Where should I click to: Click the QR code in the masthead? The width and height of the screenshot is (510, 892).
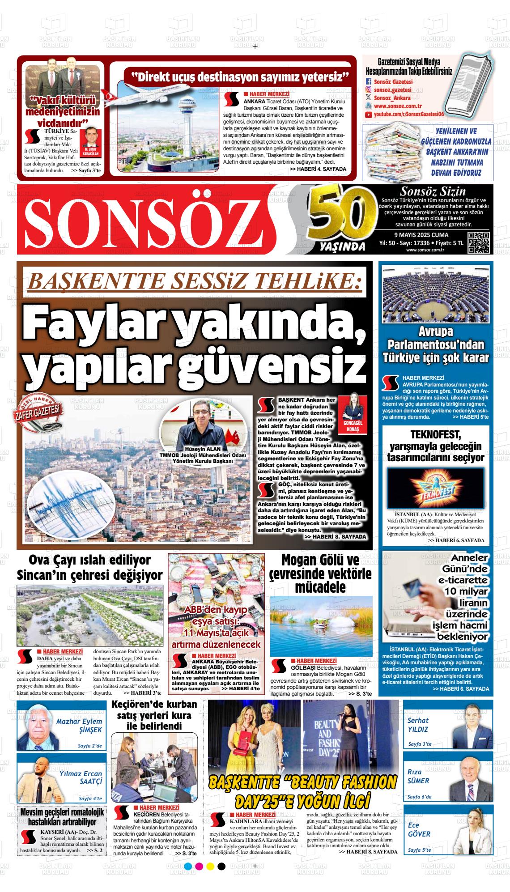478,243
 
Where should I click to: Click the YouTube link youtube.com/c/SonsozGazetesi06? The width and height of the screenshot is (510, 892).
408,115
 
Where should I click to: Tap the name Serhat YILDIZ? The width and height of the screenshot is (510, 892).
418,725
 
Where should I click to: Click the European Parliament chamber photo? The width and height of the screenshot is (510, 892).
436,294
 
